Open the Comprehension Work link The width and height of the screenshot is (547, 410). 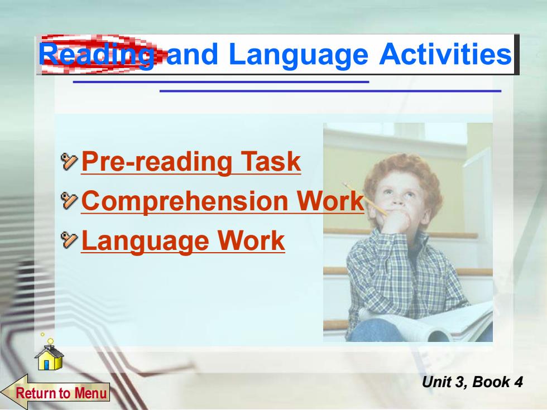click(223, 201)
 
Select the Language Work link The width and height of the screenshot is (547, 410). click(183, 240)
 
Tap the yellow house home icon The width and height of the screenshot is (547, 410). click(49, 357)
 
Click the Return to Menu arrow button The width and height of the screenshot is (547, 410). click(55, 392)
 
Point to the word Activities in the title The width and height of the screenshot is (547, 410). click(445, 55)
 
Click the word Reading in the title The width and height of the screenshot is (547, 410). click(97, 56)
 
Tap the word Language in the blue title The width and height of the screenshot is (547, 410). click(299, 56)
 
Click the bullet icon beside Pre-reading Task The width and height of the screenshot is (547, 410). click(69, 161)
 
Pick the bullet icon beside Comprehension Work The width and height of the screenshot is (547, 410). click(69, 201)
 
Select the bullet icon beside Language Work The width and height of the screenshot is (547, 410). click(69, 240)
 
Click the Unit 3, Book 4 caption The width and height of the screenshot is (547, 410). click(472, 382)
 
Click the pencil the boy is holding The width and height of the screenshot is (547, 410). click(365, 199)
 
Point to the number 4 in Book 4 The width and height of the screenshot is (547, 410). click(519, 382)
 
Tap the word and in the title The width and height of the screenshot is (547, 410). click(192, 55)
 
